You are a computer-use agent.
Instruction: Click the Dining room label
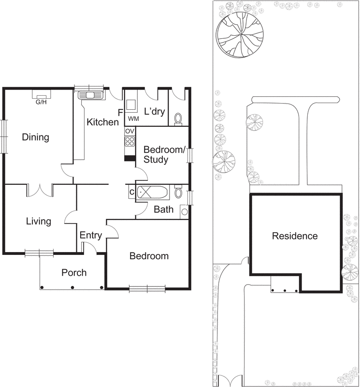36,137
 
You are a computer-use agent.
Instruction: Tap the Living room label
39,222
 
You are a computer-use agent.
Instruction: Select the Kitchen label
102,122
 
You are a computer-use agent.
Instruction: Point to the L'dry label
155,111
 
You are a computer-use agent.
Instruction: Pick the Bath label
163,209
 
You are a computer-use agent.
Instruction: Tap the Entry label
91,236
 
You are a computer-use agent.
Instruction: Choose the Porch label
74,273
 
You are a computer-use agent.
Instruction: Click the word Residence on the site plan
295,236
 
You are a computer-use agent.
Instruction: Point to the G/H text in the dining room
41,102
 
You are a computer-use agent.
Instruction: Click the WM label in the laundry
133,119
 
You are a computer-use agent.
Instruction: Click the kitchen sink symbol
90,95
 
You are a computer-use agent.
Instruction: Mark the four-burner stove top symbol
130,141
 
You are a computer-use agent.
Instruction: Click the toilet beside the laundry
178,118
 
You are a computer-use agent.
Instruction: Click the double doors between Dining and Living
39,190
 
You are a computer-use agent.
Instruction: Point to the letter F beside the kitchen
120,113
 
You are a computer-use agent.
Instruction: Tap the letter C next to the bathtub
131,192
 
